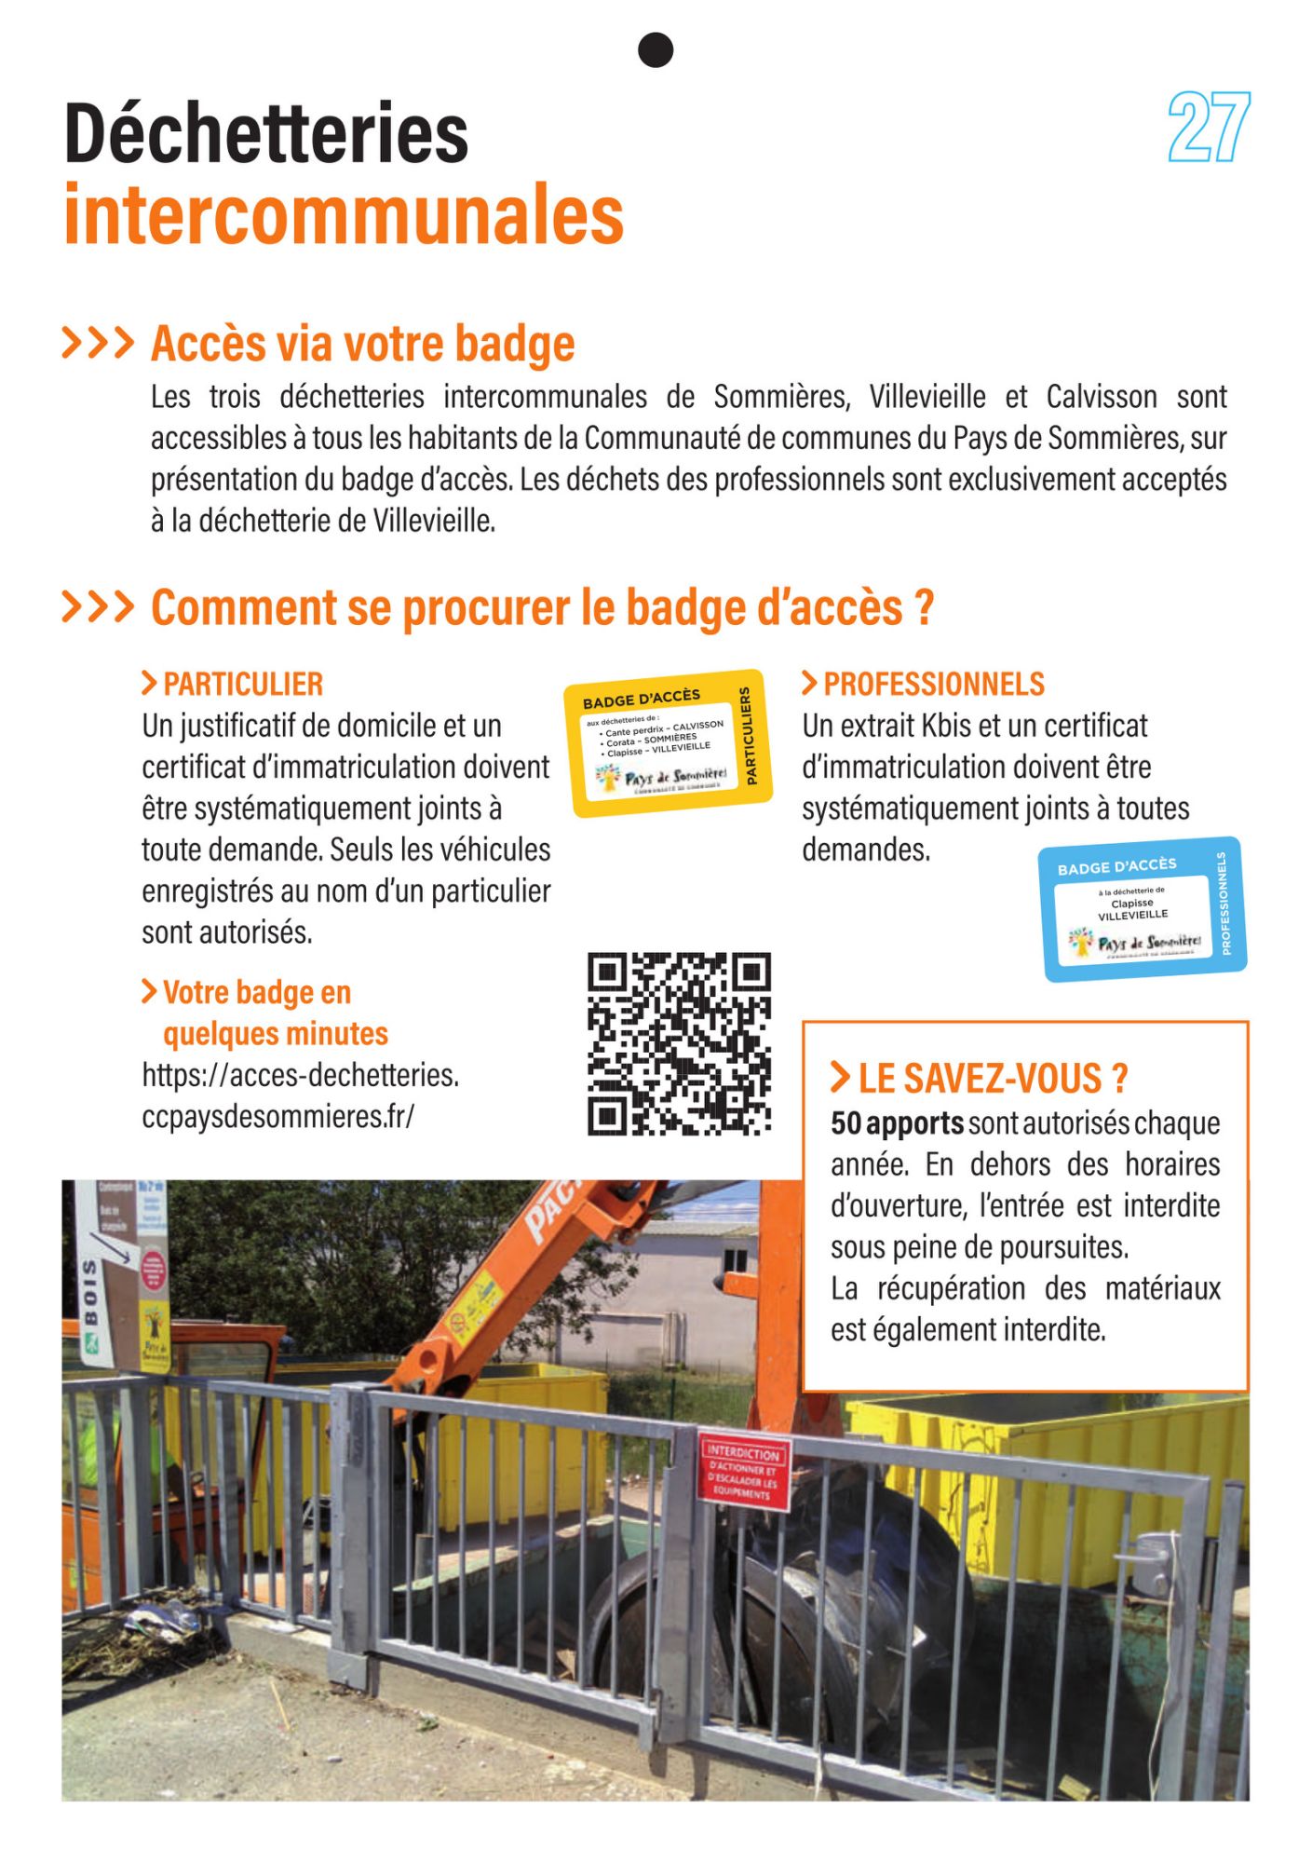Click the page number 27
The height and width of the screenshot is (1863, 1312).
(x=1208, y=128)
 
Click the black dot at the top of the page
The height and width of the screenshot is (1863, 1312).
(x=656, y=50)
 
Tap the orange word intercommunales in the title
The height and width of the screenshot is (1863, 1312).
(x=344, y=216)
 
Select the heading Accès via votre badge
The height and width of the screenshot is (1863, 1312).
(x=362, y=344)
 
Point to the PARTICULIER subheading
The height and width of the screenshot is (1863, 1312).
(x=242, y=685)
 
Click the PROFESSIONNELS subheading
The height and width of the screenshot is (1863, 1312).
(x=933, y=685)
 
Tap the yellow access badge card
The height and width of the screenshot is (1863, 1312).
(x=668, y=743)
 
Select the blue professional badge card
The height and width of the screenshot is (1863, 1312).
(x=1143, y=909)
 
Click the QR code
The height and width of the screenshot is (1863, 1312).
(x=679, y=1043)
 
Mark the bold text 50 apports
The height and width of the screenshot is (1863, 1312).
(x=897, y=1124)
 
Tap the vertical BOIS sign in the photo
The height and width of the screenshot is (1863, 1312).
(x=91, y=1292)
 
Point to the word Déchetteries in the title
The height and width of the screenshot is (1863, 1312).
(x=266, y=134)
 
